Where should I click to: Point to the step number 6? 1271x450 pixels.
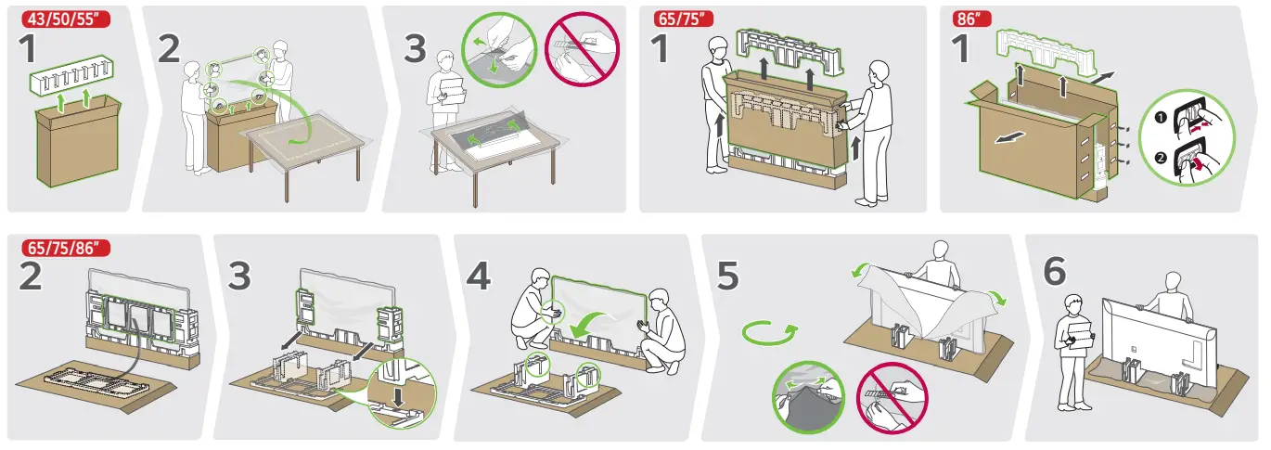1055,271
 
